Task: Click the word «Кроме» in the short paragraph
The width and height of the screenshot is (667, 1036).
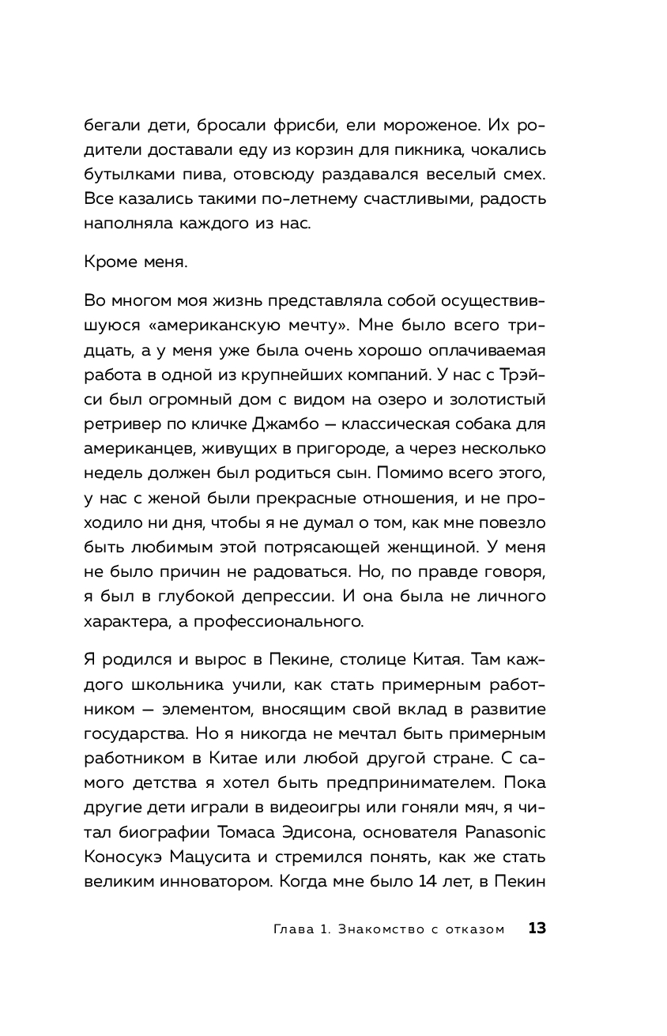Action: [107, 264]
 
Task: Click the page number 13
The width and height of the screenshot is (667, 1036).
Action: [537, 929]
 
